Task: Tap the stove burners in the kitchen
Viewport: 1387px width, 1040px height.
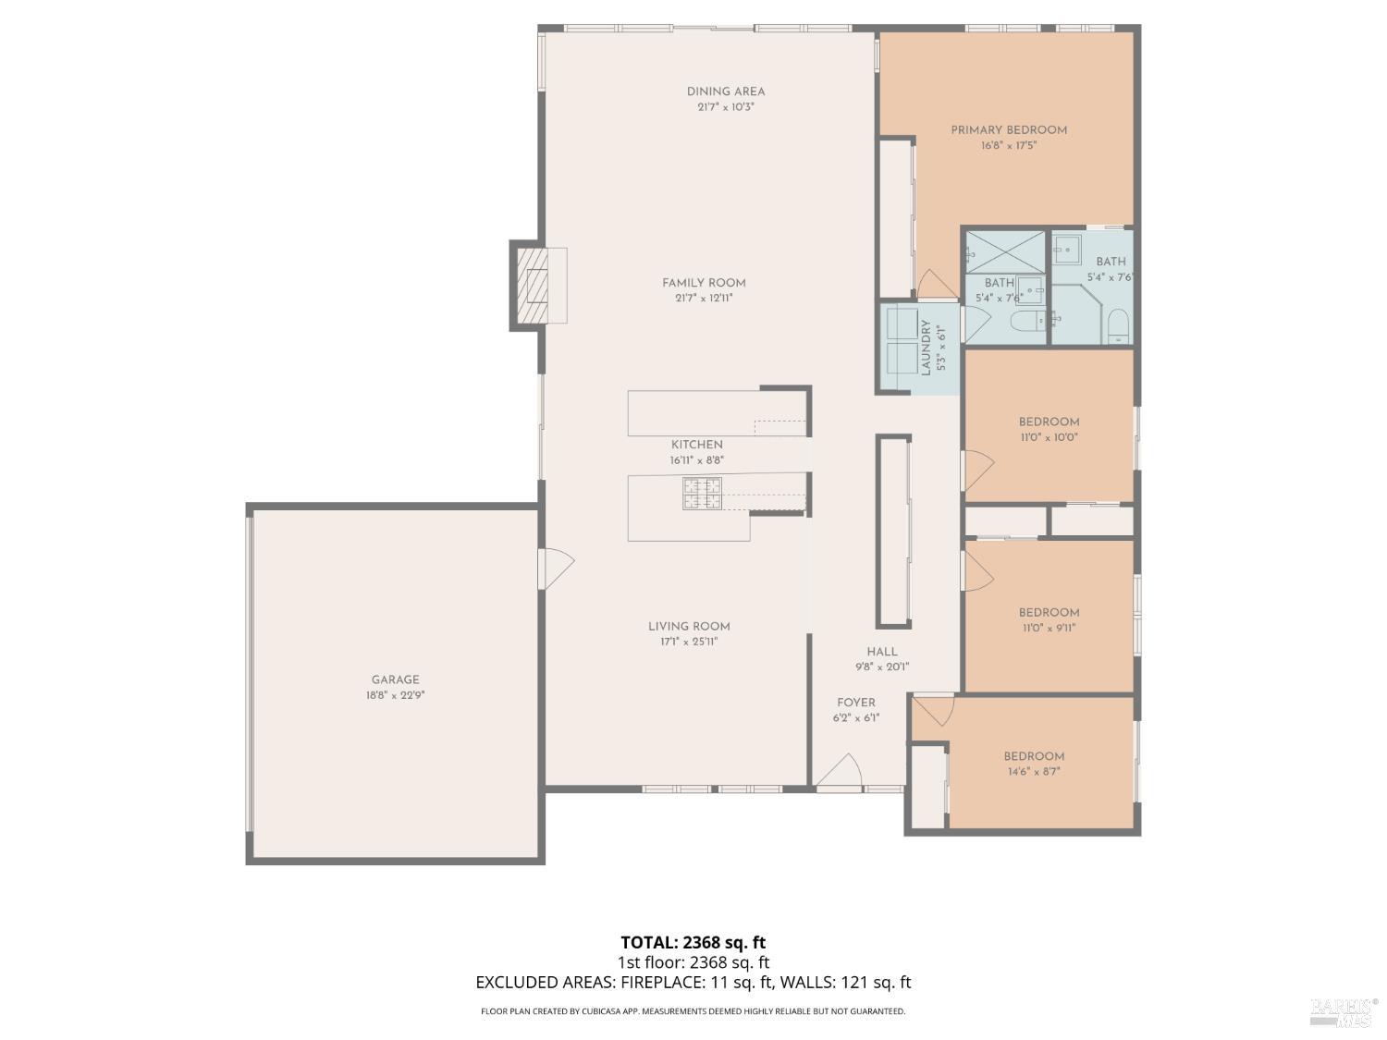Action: (x=702, y=494)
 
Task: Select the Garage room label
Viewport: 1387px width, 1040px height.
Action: (x=395, y=680)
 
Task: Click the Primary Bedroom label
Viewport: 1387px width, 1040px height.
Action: (x=1009, y=130)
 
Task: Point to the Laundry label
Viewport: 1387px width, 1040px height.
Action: (x=926, y=348)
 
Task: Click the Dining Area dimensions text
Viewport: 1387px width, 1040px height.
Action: (x=726, y=107)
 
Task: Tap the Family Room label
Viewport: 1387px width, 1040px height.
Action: (x=704, y=283)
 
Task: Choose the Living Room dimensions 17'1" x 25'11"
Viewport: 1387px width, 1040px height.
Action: (x=689, y=642)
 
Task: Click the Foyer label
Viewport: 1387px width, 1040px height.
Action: (x=856, y=703)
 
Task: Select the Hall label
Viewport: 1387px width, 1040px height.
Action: (x=882, y=652)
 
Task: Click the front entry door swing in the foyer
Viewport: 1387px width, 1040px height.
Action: (x=840, y=770)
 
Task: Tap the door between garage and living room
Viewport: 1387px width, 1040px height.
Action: (x=556, y=569)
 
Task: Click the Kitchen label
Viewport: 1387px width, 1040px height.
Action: (x=697, y=445)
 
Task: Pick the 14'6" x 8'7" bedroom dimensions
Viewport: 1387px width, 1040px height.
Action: (x=1034, y=772)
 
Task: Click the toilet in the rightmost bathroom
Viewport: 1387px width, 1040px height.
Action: (x=1119, y=326)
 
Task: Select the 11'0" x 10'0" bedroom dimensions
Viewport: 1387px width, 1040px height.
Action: (x=1049, y=437)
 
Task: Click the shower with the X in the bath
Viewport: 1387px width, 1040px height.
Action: (x=1005, y=252)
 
